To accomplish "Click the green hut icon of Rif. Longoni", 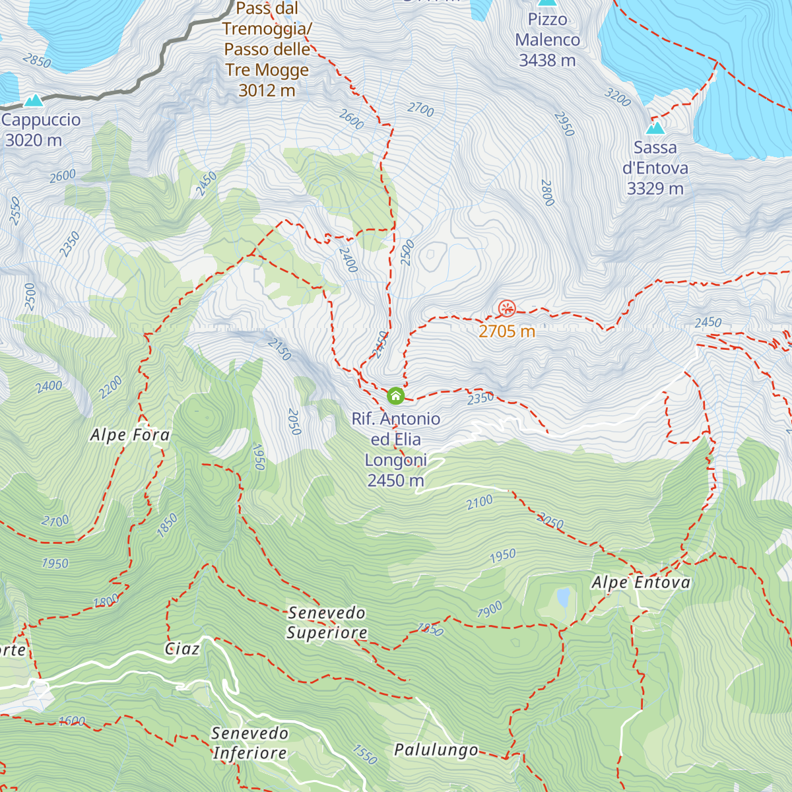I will [x=395, y=396].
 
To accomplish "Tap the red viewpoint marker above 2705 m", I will [x=507, y=308].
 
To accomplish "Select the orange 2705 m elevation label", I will [x=506, y=331].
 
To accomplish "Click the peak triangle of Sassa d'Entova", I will [x=655, y=127].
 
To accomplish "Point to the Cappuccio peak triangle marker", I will [x=33, y=100].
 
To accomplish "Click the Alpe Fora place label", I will [x=130, y=435].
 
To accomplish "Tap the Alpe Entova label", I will [x=640, y=583].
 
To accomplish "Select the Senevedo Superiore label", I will [x=327, y=622].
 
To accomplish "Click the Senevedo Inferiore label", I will [x=249, y=743].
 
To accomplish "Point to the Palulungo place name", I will [x=436, y=750].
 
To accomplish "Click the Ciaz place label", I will [x=182, y=649].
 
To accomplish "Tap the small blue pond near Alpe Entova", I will [x=563, y=597].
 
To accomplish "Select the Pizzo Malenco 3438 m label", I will [x=547, y=40].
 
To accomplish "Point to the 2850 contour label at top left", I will [x=36, y=61].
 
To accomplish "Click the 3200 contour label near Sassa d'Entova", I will [x=618, y=97].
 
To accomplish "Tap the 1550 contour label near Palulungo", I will [x=364, y=754].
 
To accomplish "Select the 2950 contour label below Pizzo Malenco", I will [x=564, y=124].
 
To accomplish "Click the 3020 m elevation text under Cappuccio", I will [x=34, y=141].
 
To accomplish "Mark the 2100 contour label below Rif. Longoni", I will [x=479, y=503].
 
